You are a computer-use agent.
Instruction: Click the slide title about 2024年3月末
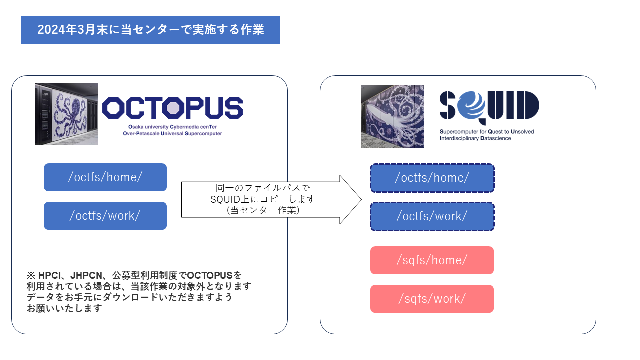coord(150,30)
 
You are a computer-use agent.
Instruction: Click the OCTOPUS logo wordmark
coord(172,108)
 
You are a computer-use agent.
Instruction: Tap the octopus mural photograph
coord(66,114)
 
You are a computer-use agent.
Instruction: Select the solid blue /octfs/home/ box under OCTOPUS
coord(105,177)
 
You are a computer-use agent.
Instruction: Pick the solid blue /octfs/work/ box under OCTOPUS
coord(105,216)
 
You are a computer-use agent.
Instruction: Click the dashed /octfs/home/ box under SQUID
coord(432,178)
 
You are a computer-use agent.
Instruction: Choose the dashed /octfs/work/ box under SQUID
coord(432,216)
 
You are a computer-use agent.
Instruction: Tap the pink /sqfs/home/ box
coord(432,260)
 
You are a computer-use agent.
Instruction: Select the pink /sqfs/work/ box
coord(432,299)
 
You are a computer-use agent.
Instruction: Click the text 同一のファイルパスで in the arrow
coord(263,188)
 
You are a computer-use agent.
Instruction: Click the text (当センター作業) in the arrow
coord(263,211)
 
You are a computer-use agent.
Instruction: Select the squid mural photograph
coord(392,116)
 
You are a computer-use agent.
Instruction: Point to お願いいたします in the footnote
coord(64,308)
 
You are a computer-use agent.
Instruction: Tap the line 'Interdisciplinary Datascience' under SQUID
coord(475,138)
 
